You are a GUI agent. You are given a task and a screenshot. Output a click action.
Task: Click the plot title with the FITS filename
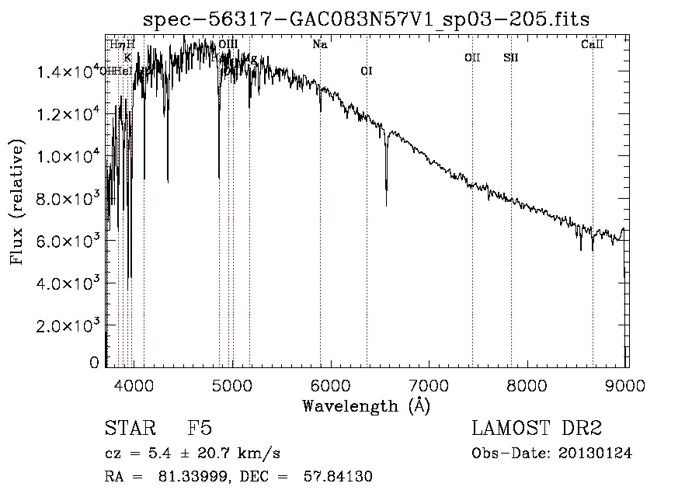point(372,19)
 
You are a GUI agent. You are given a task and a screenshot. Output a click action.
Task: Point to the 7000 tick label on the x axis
point(429,384)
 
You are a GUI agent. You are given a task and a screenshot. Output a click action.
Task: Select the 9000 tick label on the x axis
point(627,384)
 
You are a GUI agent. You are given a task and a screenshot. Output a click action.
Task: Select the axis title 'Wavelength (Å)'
point(366,405)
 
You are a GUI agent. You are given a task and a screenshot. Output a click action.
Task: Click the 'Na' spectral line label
point(319,44)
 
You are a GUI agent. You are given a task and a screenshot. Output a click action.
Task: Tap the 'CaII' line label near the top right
point(592,44)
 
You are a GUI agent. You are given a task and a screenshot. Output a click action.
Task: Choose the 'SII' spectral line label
point(510,57)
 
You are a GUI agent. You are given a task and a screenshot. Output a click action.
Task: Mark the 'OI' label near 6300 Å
point(367,71)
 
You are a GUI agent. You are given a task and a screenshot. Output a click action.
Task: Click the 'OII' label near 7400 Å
point(472,57)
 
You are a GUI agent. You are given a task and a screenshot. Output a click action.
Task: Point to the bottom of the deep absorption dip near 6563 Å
point(386,205)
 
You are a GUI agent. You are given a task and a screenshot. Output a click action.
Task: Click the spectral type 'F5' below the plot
point(200,429)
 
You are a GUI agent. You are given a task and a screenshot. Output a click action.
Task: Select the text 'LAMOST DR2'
point(537,429)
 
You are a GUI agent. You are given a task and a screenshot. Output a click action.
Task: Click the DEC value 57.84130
point(339,477)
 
